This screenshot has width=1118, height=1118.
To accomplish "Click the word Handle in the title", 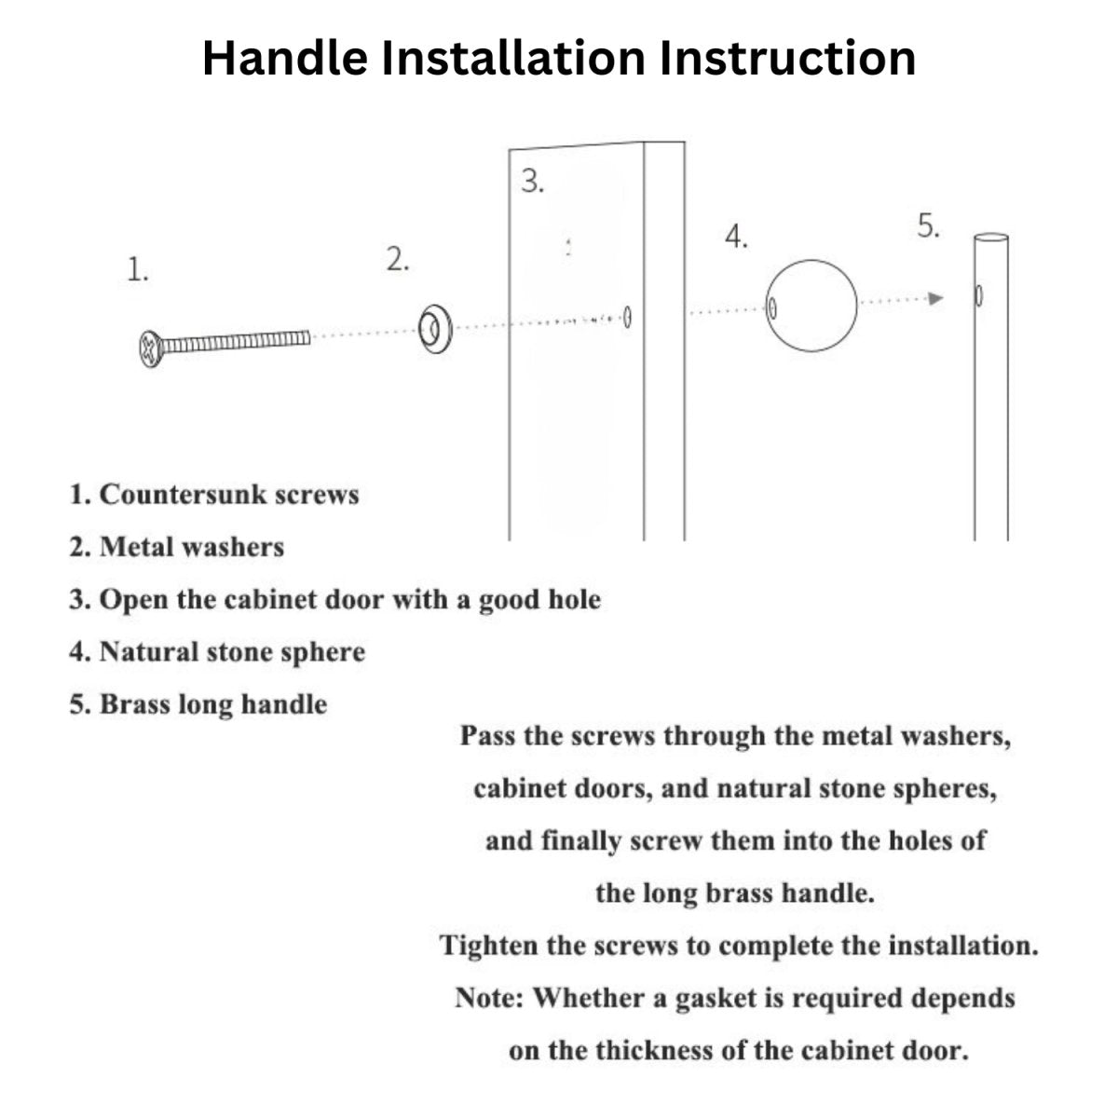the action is click(x=285, y=58).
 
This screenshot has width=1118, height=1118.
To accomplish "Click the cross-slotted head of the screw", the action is click(x=150, y=348).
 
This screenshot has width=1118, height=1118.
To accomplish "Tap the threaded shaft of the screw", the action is click(x=236, y=342).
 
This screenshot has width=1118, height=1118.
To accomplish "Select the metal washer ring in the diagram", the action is click(x=435, y=330).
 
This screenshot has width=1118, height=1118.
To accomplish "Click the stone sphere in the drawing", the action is click(x=811, y=306).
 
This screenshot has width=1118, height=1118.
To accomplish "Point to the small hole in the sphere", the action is click(x=772, y=308).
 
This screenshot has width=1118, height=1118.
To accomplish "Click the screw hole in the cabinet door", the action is click(x=627, y=318).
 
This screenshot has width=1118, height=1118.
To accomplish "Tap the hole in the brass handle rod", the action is click(x=979, y=296).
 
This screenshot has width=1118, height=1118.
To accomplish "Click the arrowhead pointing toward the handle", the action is click(x=935, y=299).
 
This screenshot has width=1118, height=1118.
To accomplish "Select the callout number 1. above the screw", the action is click(x=138, y=270).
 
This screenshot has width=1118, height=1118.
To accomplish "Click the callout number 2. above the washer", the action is click(x=398, y=259).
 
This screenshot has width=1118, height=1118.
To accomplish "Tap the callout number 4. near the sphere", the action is click(x=736, y=237).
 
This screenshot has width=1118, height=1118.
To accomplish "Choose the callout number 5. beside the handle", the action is click(x=928, y=225).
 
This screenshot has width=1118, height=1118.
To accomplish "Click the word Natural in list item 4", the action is click(x=149, y=652).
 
